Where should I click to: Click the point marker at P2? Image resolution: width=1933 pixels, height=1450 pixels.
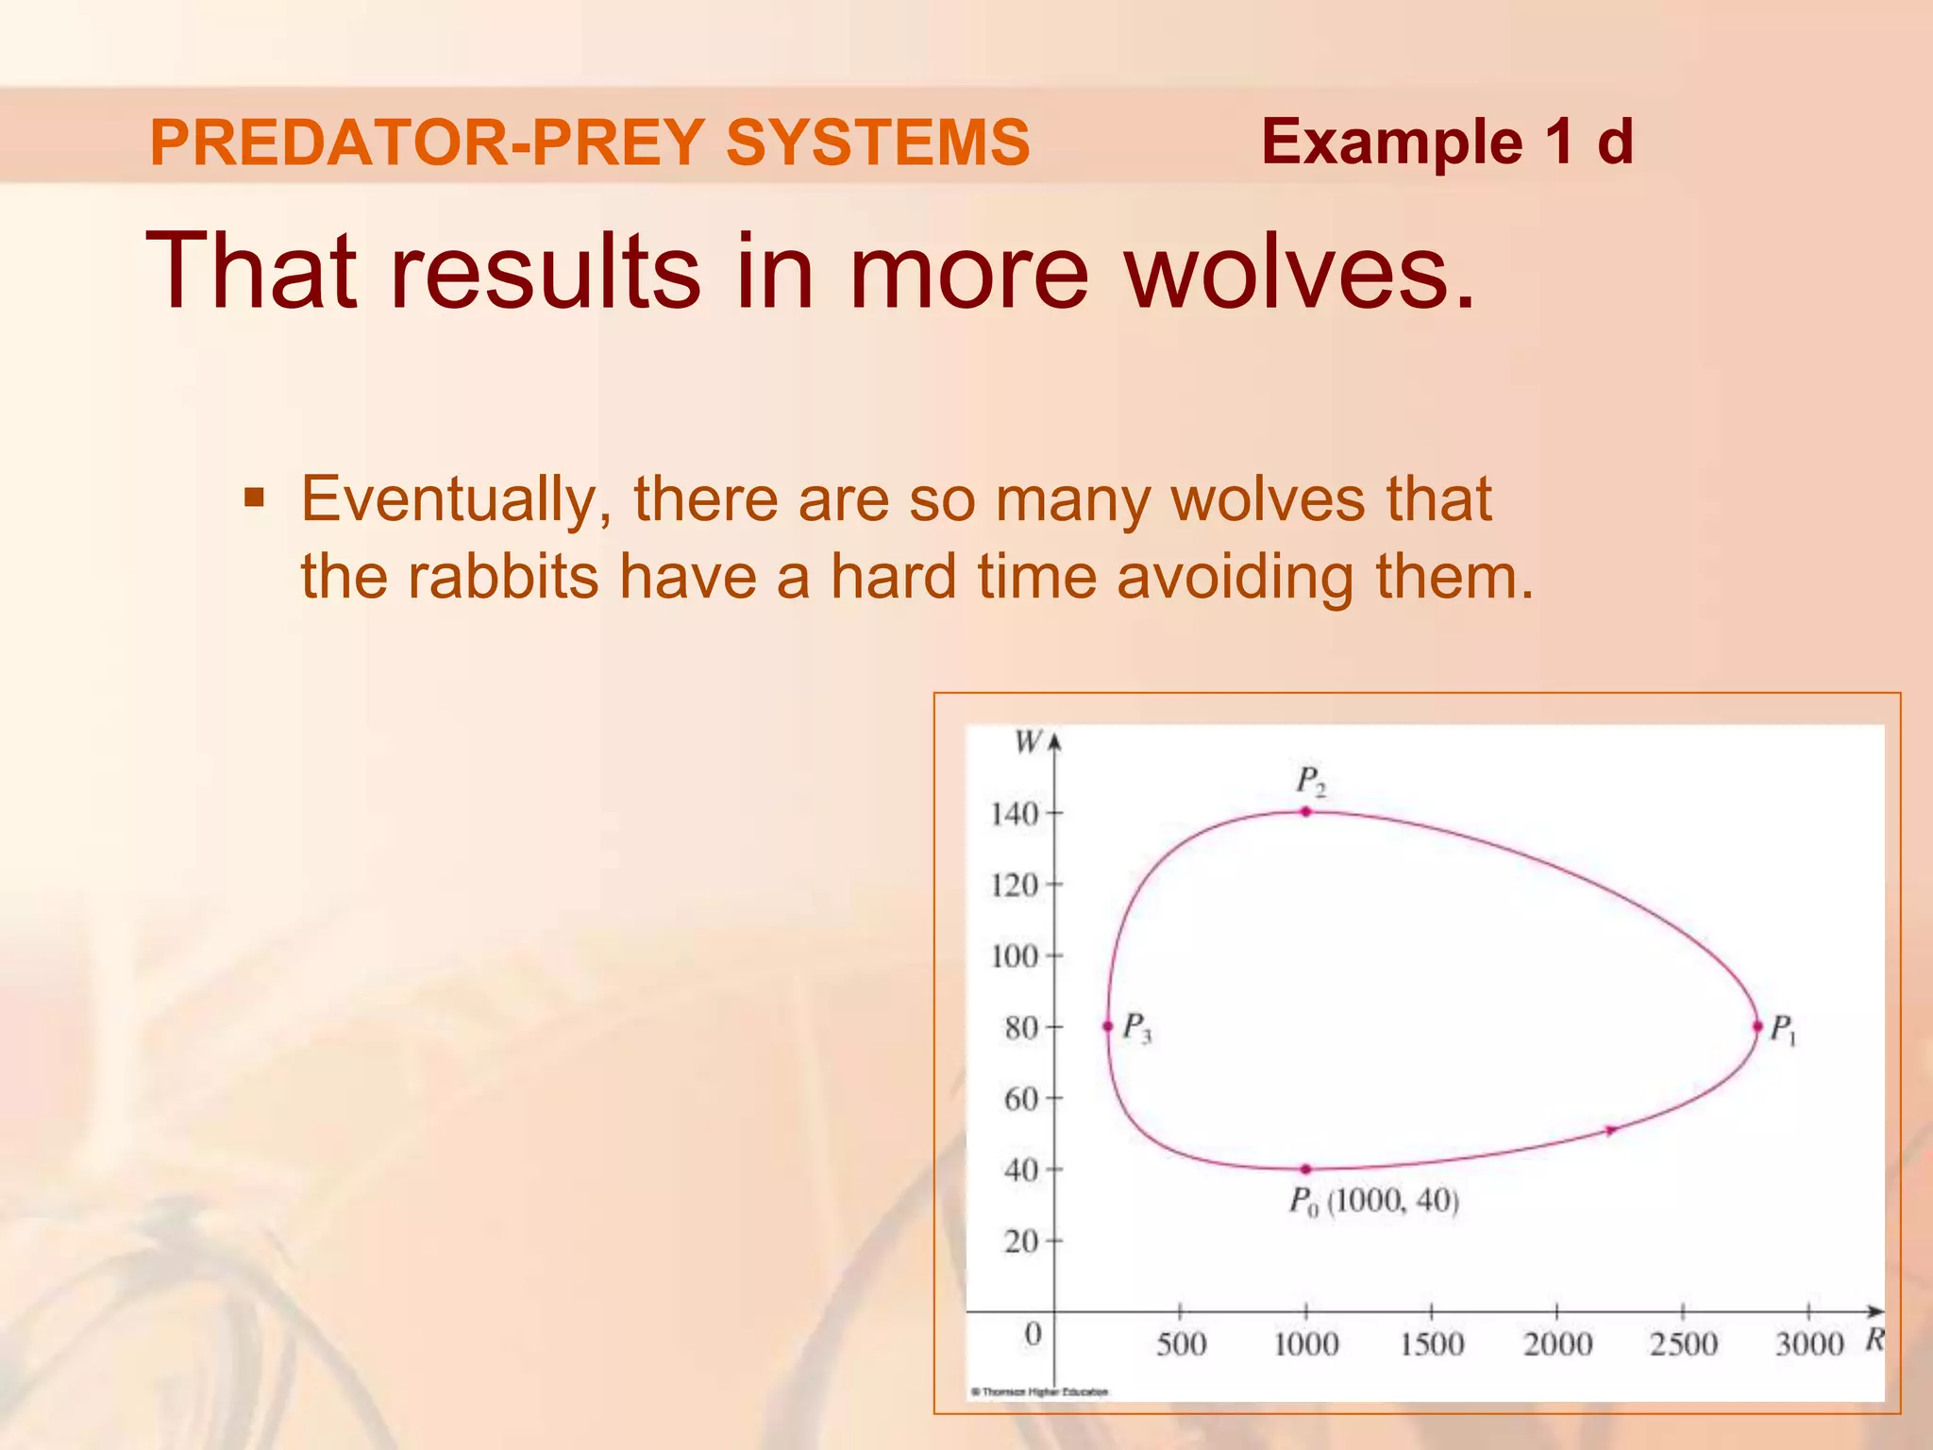point(1306,811)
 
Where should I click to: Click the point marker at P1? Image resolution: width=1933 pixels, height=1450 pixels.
point(1757,1026)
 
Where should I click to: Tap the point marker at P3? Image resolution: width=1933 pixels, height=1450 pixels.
point(1108,1026)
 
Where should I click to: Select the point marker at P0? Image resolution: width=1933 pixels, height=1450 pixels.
point(1306,1169)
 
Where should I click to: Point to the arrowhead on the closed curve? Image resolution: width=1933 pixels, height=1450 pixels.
point(1611,1130)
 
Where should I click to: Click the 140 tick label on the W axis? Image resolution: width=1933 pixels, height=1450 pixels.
point(1015,814)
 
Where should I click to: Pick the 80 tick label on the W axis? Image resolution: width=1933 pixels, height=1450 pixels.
point(1021,1027)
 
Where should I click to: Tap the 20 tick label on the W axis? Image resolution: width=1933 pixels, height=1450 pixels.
point(1021,1240)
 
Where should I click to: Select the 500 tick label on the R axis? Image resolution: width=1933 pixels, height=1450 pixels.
point(1181,1343)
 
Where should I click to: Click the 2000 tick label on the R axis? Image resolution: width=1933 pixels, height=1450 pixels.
point(1557,1343)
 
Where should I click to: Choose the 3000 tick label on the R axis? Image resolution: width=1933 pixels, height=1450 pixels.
point(1808,1343)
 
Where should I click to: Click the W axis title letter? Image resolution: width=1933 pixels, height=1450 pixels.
point(1027,742)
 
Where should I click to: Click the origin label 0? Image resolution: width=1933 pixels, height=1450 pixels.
point(1034,1334)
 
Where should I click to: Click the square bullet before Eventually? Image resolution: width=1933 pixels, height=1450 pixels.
point(254,497)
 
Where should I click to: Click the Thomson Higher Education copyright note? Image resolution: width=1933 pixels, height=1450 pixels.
point(1040,1391)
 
